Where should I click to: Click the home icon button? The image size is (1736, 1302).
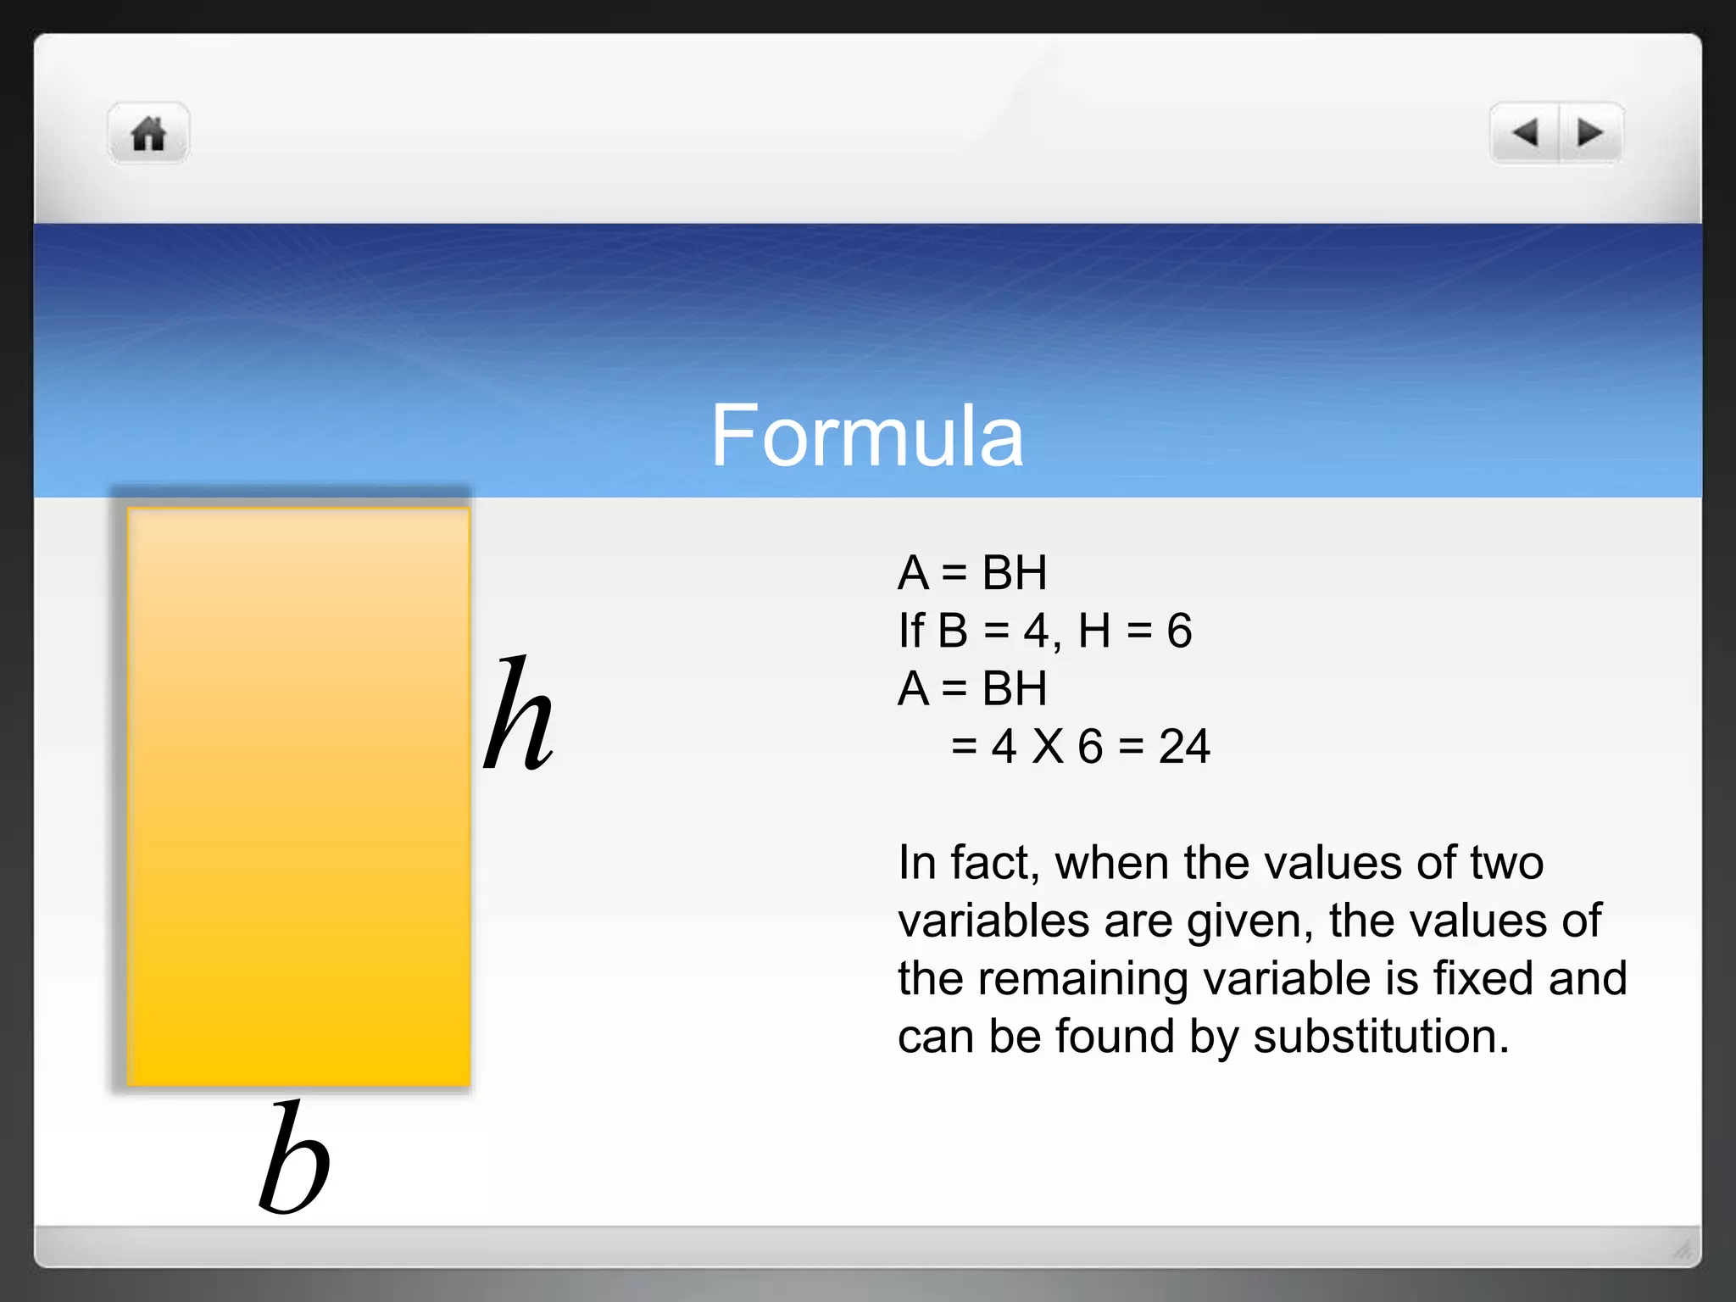149,134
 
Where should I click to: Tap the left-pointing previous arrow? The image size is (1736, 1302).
1524,133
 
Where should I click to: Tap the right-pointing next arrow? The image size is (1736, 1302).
1590,133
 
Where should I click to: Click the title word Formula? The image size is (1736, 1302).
867,436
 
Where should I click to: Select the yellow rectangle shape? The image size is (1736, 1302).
298,797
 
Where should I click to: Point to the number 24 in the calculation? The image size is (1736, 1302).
1184,747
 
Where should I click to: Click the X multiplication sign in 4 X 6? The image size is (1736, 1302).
1048,747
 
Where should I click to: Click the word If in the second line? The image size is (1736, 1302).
910,631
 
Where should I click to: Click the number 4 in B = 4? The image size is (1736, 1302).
1036,631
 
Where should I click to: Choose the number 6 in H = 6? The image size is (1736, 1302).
1179,631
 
